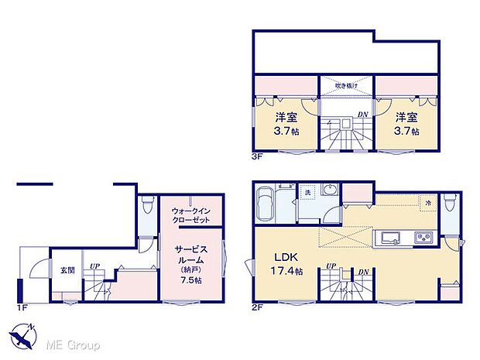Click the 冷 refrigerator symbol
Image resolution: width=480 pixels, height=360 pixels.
(x=428, y=202)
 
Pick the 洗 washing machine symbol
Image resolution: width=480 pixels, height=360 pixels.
(x=307, y=192)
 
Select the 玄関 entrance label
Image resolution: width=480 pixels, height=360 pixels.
(x=67, y=271)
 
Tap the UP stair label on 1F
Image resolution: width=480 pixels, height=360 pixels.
(x=94, y=266)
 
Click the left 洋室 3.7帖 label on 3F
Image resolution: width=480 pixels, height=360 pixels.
(x=286, y=125)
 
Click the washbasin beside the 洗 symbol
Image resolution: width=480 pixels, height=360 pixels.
(x=330, y=191)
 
